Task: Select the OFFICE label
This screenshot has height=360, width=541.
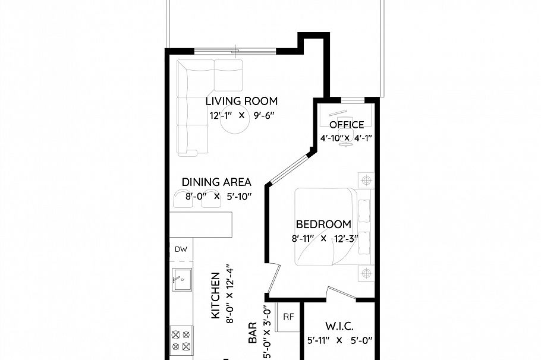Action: [347, 125]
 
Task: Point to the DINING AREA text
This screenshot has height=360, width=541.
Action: [216, 182]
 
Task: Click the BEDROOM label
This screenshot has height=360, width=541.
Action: [323, 224]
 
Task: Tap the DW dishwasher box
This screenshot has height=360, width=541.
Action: [181, 250]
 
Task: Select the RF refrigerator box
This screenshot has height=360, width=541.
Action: [288, 317]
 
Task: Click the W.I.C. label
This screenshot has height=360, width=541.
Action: [339, 327]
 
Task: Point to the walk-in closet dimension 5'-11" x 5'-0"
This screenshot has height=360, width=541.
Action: [339, 341]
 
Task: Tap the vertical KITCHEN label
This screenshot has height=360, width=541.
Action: [215, 295]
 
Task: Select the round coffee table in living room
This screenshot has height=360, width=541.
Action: [234, 125]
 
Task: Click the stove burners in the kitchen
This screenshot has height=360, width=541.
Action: [181, 340]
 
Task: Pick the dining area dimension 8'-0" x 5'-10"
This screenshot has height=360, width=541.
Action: [218, 197]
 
